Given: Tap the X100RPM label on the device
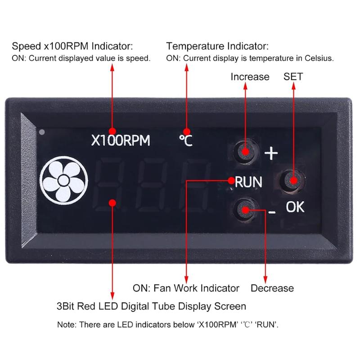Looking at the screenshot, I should (x=121, y=141).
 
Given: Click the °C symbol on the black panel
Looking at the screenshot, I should (x=185, y=141).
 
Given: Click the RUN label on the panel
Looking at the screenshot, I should (x=249, y=182).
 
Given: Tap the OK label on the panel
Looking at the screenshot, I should (x=295, y=207).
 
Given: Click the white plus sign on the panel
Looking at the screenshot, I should (x=271, y=154).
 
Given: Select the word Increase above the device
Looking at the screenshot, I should (x=250, y=76).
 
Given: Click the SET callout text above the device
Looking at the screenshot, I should (x=293, y=76).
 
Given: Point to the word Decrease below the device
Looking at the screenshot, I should (x=272, y=288).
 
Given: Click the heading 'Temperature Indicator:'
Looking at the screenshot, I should (x=217, y=46).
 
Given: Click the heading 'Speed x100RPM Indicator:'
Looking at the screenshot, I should (x=72, y=46).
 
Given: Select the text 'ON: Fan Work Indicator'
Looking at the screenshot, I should (x=186, y=288).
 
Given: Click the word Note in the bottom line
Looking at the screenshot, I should (x=66, y=324).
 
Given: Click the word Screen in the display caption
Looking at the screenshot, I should (x=229, y=306).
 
